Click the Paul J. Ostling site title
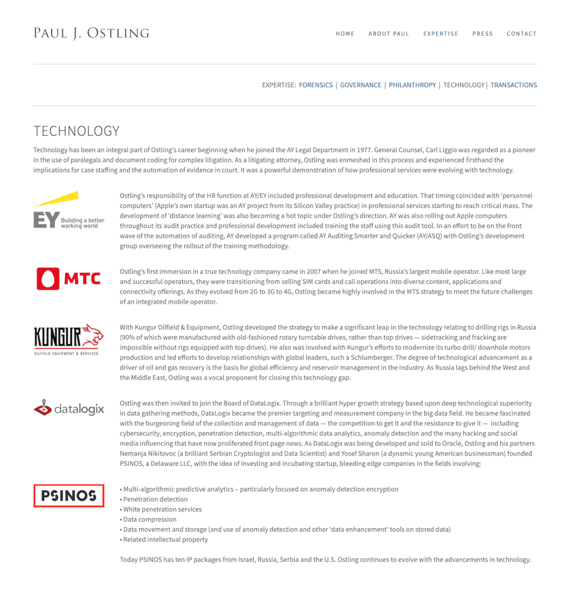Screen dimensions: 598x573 point(91,33)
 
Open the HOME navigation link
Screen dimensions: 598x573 point(345,34)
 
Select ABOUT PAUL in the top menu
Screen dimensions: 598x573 point(389,34)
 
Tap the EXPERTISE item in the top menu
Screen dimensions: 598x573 point(440,34)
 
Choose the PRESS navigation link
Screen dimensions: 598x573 point(482,34)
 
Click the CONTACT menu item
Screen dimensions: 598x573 point(522,34)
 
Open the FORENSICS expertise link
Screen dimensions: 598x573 point(316,85)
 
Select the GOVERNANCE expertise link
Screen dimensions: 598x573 point(361,85)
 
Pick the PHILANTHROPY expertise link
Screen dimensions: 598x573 point(412,85)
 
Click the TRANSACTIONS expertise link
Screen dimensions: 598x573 point(513,85)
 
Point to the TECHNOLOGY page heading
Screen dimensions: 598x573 point(76,131)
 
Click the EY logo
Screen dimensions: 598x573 point(69,210)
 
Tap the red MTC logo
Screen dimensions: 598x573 point(69,278)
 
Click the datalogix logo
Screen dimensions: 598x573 point(69,408)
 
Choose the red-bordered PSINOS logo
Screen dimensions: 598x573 point(69,495)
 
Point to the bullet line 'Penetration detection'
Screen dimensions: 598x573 point(155,500)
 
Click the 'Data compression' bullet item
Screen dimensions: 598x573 point(150,520)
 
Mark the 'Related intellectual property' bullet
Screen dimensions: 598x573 point(165,540)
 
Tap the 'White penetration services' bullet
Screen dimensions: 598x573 point(162,510)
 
